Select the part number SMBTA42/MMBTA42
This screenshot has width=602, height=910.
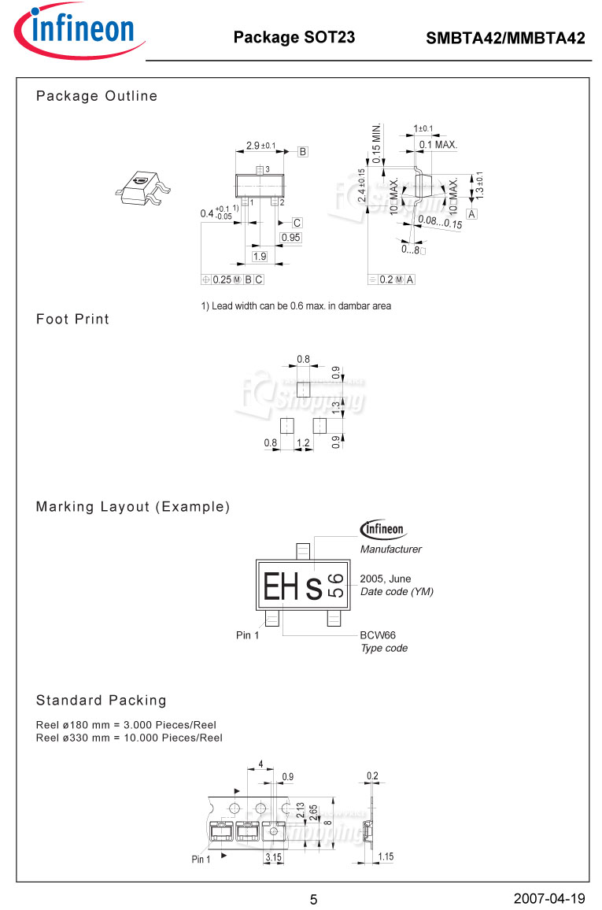(505, 38)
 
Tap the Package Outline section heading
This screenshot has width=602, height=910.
(97, 96)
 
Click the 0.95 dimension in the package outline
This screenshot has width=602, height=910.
(290, 238)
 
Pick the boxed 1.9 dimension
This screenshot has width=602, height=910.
(259, 257)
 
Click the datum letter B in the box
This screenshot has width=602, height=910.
(302, 152)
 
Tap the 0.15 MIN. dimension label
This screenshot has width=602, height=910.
(377, 143)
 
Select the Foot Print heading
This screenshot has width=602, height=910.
(72, 319)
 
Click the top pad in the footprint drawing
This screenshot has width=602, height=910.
(303, 387)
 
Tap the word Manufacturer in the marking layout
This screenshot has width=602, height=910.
(390, 549)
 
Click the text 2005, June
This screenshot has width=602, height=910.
(385, 579)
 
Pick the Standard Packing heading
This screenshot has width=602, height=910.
(102, 700)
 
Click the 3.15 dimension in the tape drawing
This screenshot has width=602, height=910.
(274, 856)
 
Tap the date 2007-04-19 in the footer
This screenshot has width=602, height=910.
(549, 898)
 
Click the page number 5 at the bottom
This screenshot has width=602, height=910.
(313, 900)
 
